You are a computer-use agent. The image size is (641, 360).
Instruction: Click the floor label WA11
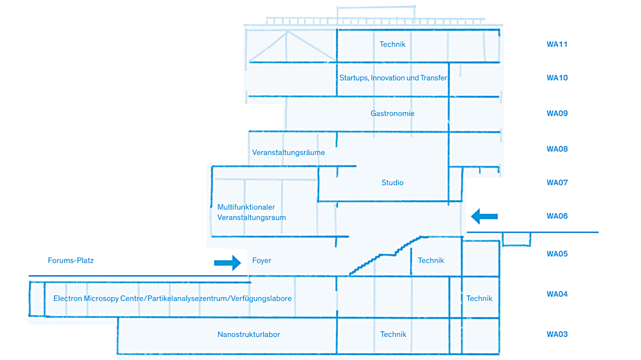pyautogui.click(x=557, y=44)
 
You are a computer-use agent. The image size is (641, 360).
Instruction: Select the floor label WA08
pyautogui.click(x=557, y=149)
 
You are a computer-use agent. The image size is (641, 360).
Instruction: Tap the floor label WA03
pyautogui.click(x=557, y=334)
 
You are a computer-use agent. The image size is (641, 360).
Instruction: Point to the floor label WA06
pyautogui.click(x=557, y=216)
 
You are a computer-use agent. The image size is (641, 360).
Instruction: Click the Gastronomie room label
pyautogui.click(x=392, y=114)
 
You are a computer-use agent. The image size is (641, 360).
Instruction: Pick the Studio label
pyautogui.click(x=392, y=183)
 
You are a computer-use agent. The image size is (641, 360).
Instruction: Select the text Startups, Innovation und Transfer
pyautogui.click(x=393, y=78)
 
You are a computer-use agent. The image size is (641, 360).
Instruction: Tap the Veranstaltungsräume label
pyautogui.click(x=288, y=153)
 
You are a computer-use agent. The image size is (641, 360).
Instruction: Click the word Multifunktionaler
pyautogui.click(x=246, y=207)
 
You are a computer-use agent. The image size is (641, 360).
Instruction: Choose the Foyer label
pyautogui.click(x=262, y=261)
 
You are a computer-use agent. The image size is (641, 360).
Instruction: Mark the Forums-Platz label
pyautogui.click(x=71, y=261)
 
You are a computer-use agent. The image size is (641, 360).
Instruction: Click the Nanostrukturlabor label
pyautogui.click(x=249, y=335)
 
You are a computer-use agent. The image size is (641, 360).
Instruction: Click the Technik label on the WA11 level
pyautogui.click(x=392, y=44)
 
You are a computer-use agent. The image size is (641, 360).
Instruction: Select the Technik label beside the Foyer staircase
pyautogui.click(x=431, y=261)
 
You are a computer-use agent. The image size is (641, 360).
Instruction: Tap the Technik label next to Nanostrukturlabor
pyautogui.click(x=393, y=335)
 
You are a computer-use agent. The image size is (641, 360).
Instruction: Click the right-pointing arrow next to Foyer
pyautogui.click(x=228, y=263)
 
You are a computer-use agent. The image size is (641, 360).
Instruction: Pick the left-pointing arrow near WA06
pyautogui.click(x=485, y=216)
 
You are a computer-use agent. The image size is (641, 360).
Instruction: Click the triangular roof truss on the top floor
pyautogui.click(x=291, y=47)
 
